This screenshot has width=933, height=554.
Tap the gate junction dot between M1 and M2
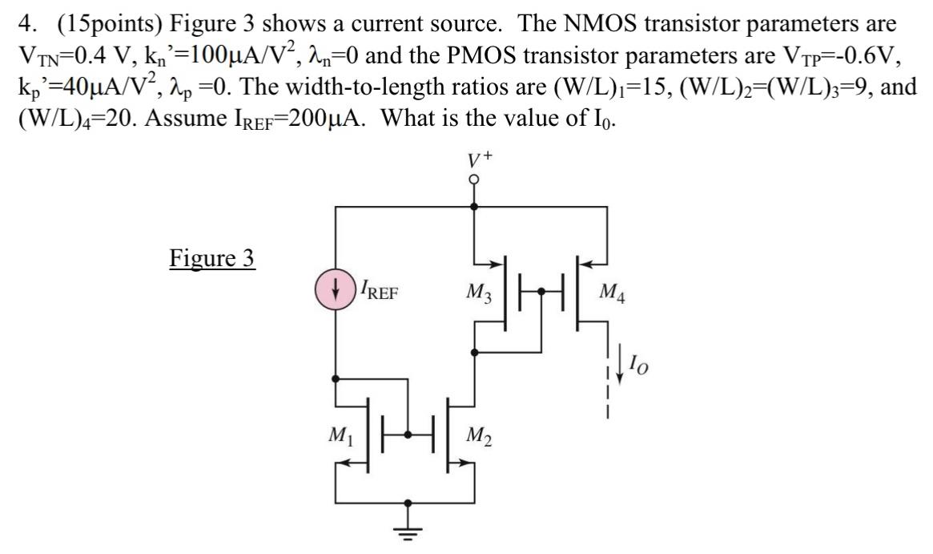410,434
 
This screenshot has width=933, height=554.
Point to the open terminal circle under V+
474,178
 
